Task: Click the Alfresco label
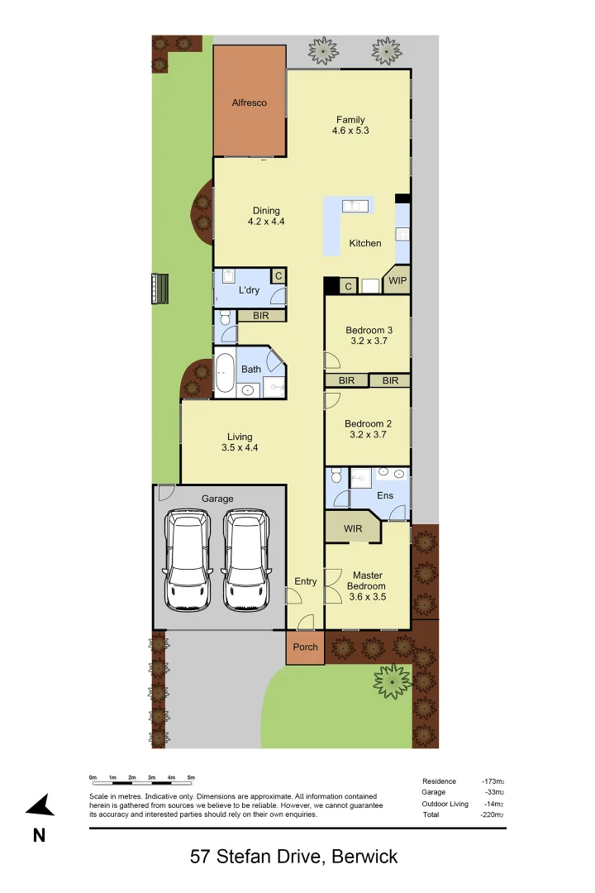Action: point(249,103)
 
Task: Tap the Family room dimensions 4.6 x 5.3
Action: point(350,131)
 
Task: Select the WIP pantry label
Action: point(397,280)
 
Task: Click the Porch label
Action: point(306,647)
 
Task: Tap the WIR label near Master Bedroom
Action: point(353,528)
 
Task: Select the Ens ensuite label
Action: point(385,495)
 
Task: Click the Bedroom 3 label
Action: point(369,330)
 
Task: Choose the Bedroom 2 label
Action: point(368,423)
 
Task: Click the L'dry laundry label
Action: point(249,290)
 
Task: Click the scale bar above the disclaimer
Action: point(142,779)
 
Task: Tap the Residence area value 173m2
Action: point(493,781)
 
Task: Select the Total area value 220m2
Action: point(493,814)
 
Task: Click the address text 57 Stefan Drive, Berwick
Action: point(294,857)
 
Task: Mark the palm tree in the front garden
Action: point(392,680)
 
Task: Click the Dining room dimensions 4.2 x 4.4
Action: point(266,222)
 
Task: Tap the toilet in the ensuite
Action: point(335,478)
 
